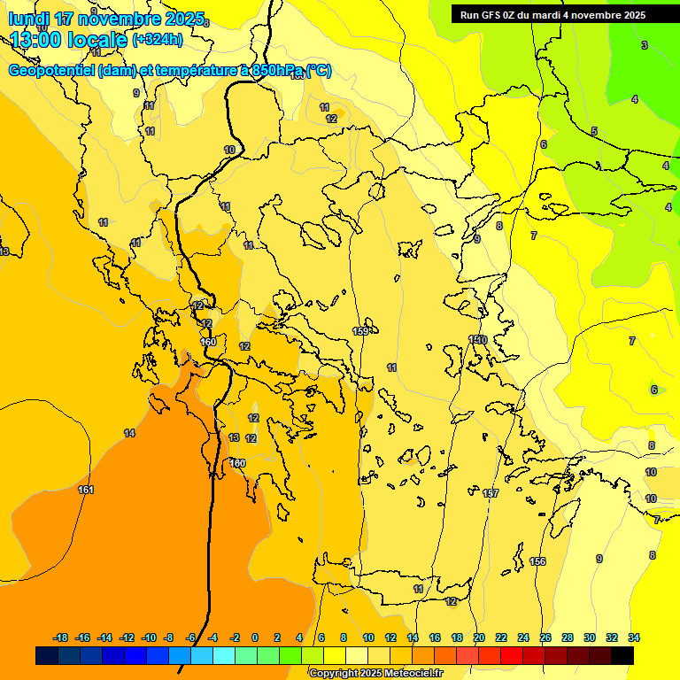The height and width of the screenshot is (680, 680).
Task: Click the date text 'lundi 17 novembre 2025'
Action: [106, 19]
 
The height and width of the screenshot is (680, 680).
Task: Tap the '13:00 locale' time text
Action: [68, 39]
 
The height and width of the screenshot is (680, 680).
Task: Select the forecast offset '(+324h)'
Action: [158, 40]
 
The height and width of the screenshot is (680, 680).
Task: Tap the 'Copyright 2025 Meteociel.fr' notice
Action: [376, 674]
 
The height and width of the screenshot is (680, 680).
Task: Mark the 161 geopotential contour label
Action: [86, 490]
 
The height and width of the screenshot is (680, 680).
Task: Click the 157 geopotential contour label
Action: [491, 493]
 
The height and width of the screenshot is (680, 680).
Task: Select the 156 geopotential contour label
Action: [537, 561]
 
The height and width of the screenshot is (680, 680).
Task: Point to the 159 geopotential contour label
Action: [361, 331]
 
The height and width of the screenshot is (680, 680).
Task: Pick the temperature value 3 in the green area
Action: [645, 45]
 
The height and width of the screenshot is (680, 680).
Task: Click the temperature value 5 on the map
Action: [594, 131]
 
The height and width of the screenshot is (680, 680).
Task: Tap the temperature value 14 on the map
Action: [129, 433]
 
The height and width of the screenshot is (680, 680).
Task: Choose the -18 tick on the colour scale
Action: [61, 637]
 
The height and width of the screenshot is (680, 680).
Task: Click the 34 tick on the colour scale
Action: [634, 637]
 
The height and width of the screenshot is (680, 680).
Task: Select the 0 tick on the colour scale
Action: [255, 637]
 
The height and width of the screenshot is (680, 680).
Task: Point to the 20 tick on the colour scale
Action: [479, 637]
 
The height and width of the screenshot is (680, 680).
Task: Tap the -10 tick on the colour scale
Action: [149, 637]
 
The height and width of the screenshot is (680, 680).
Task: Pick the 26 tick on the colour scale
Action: [545, 637]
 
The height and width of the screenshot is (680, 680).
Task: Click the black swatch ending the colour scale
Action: [622, 655]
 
